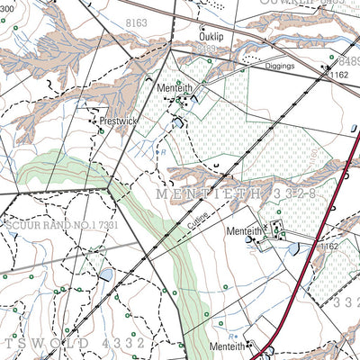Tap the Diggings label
pyautogui.click(x=281, y=66)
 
